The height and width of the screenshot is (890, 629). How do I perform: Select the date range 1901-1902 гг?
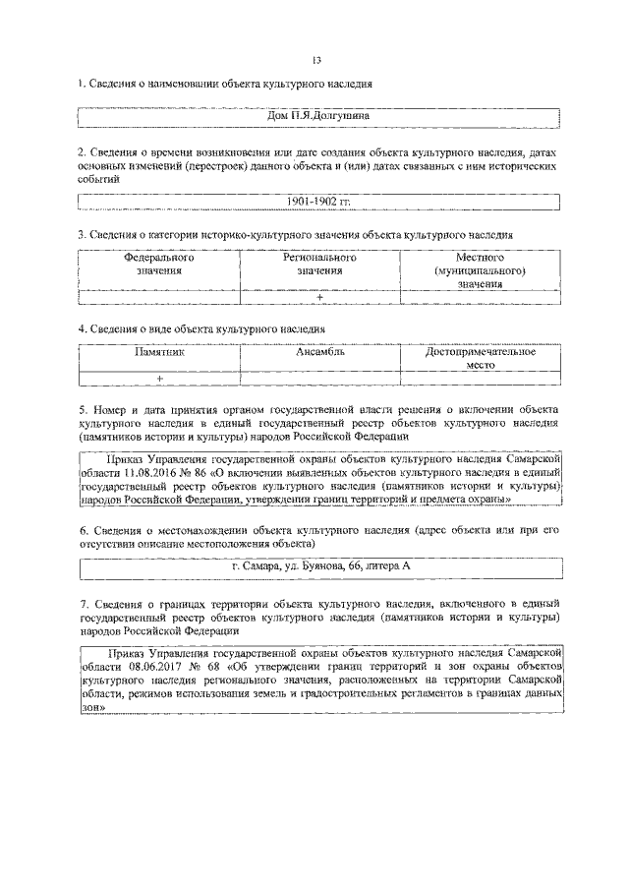point(318,203)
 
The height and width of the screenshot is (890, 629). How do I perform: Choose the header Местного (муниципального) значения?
point(480,269)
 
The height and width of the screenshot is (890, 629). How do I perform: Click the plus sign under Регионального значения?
point(319,297)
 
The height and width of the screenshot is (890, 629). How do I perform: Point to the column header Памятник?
point(158,350)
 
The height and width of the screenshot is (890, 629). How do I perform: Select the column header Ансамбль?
point(319,350)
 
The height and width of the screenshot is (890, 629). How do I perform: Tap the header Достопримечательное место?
point(480,357)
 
